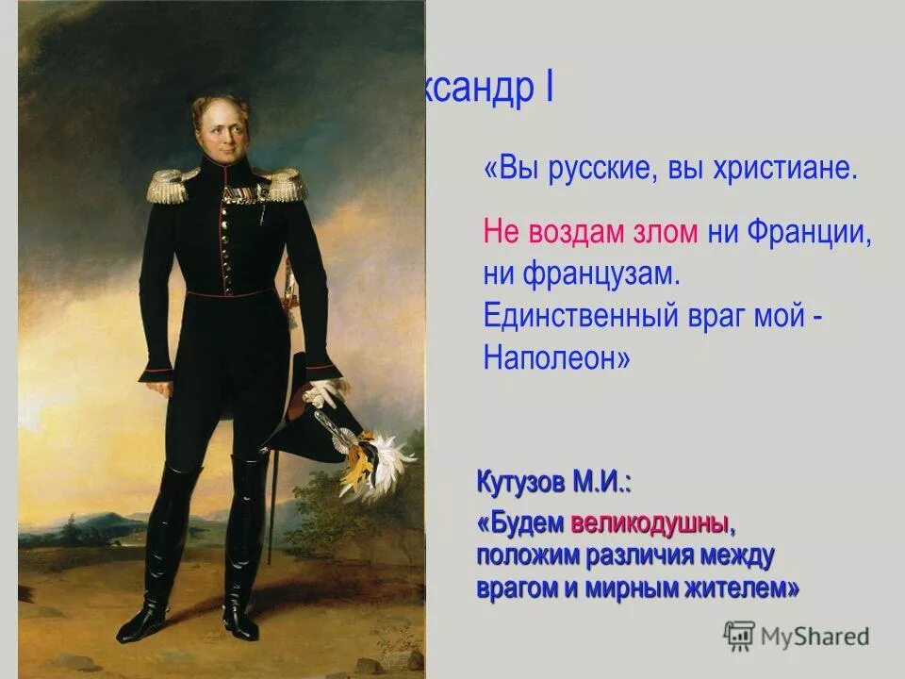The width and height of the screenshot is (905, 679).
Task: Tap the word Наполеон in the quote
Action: click(556, 357)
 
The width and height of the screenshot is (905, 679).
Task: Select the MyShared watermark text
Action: click(814, 637)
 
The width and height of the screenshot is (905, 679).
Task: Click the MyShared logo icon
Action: click(739, 636)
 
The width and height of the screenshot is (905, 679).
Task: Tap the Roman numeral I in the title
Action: click(548, 90)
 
